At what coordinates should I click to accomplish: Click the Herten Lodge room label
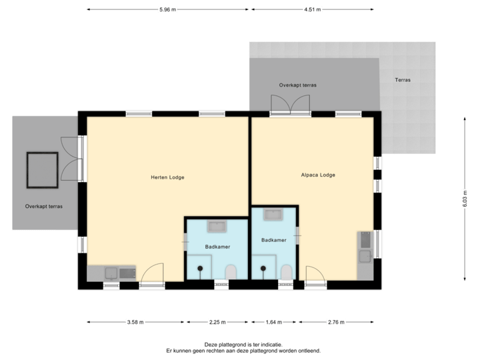point(167,177)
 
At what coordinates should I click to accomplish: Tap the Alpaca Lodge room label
point(318,175)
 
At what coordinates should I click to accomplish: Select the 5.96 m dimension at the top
point(167,9)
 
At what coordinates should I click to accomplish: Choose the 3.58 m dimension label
point(135,323)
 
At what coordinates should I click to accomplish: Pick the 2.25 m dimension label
point(217,323)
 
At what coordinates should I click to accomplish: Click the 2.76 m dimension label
point(337,323)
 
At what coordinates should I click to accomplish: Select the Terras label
point(403,80)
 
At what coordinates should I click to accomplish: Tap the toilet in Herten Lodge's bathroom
point(231,271)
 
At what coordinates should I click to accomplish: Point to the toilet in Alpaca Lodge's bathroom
point(286,271)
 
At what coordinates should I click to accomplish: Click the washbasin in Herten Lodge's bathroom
point(218,227)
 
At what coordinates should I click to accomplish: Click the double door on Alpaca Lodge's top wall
point(290,105)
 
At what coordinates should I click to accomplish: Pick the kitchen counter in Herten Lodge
point(111,273)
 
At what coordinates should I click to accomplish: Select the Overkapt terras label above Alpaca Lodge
point(297,86)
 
